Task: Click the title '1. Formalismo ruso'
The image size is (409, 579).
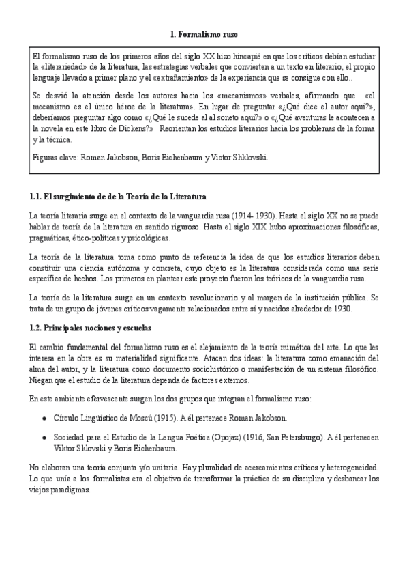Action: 203,34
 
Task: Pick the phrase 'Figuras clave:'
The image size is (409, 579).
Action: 55,157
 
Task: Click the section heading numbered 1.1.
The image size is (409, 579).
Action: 119,197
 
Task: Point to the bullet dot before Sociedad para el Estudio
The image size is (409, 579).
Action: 45,438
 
